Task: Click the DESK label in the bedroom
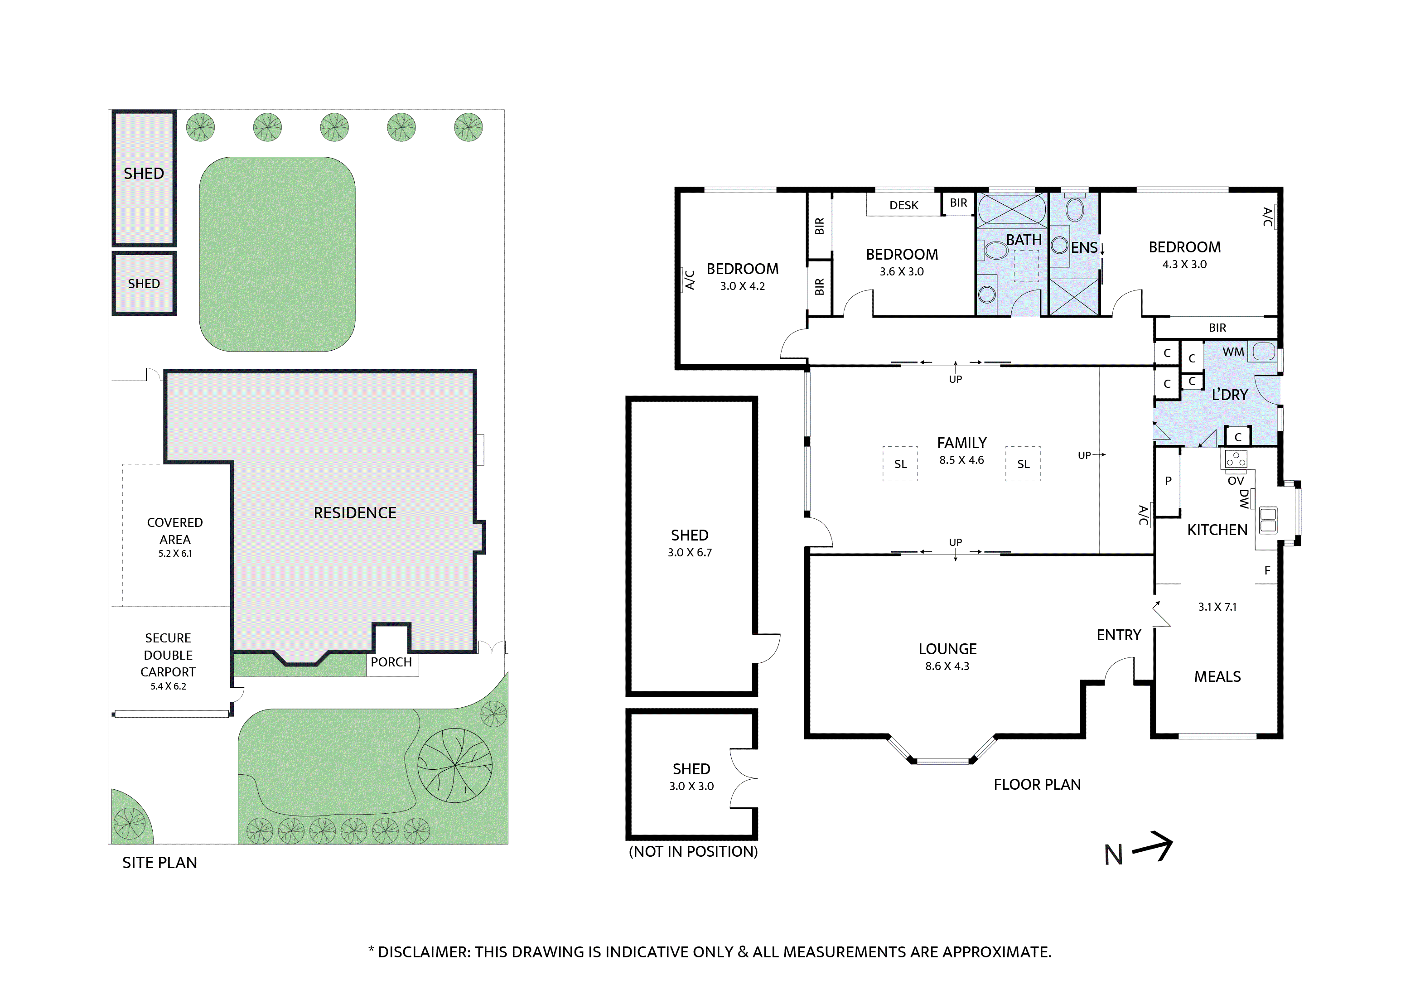pyautogui.click(x=903, y=205)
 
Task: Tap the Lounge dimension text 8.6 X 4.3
pyautogui.click(x=947, y=666)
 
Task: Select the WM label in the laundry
pyautogui.click(x=1232, y=352)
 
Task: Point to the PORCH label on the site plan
pyautogui.click(x=391, y=662)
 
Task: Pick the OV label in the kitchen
pyautogui.click(x=1235, y=481)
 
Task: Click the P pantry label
pyautogui.click(x=1168, y=481)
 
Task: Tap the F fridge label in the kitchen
pyautogui.click(x=1266, y=570)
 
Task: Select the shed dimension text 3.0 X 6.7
pyautogui.click(x=689, y=552)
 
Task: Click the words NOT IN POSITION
pyautogui.click(x=693, y=851)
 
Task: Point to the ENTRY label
pyautogui.click(x=1118, y=635)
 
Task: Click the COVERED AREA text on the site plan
pyautogui.click(x=175, y=531)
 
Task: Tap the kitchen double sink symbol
pyautogui.click(x=1268, y=520)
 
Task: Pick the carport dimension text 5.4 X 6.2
pyautogui.click(x=168, y=686)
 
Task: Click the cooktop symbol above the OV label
pyautogui.click(x=1236, y=459)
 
